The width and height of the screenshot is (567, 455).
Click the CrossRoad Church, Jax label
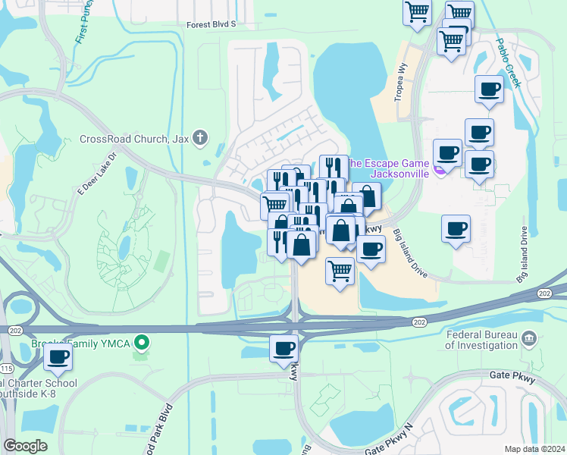[134, 140]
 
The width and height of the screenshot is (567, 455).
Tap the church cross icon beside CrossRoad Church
[200, 138]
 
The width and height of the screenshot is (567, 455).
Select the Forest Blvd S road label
[211, 24]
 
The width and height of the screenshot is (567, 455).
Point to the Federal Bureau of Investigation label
[481, 340]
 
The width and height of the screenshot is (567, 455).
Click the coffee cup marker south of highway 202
[284, 348]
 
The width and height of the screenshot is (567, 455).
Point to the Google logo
[26, 446]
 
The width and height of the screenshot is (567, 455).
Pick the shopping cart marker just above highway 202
[340, 269]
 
